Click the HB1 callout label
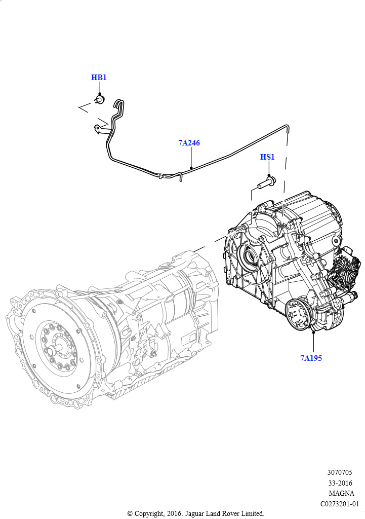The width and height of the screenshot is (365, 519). click(x=99, y=78)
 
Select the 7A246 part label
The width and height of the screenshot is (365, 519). click(x=189, y=142)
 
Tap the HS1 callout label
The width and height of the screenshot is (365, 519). click(x=267, y=157)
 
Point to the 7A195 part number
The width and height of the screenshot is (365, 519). click(x=311, y=358)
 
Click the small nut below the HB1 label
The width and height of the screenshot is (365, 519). click(x=100, y=99)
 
